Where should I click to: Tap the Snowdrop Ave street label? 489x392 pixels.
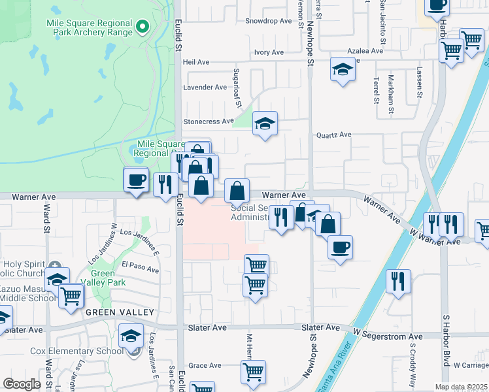(268, 21)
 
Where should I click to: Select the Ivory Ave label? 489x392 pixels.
(269, 52)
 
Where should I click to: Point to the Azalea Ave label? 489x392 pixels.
(365, 51)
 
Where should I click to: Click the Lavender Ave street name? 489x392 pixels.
(205, 87)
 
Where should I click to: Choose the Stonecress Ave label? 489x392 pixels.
(209, 122)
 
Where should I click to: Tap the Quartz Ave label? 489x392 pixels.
(333, 135)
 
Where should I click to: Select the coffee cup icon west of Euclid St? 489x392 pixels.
(136, 180)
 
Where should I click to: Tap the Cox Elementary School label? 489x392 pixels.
(76, 351)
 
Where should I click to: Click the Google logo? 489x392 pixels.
(22, 384)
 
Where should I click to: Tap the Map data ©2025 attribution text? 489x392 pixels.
(462, 387)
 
